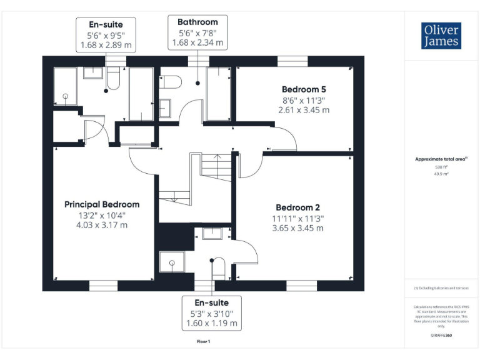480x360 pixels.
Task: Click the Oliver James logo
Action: click(441, 36)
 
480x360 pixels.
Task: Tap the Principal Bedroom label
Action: click(102, 204)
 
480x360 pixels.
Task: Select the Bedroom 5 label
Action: click(304, 89)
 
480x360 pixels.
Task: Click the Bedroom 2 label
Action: click(298, 207)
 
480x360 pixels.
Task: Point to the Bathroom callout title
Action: click(197, 22)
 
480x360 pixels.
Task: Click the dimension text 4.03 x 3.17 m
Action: click(102, 225)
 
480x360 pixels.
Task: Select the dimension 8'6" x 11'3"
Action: click(304, 99)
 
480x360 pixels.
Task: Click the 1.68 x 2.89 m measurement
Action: click(106, 45)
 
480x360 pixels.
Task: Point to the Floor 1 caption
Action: click(204, 341)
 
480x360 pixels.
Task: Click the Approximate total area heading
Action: click(442, 159)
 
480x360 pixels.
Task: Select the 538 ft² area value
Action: click(442, 167)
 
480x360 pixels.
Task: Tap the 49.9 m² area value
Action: click(442, 174)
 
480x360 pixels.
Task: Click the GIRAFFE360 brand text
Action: click(441, 336)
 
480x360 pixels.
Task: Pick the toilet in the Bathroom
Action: click(171, 82)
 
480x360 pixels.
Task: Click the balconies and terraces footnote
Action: click(441, 288)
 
